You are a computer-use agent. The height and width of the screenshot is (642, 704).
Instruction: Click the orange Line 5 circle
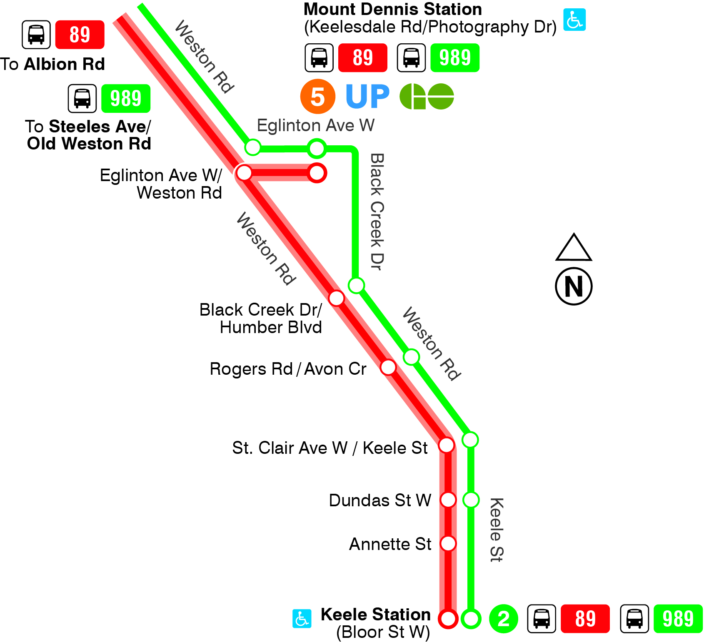point(317,97)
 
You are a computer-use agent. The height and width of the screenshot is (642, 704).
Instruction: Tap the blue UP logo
point(367,97)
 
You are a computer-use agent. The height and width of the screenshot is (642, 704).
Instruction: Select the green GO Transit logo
point(427,97)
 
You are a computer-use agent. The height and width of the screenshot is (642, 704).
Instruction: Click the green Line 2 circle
point(503,619)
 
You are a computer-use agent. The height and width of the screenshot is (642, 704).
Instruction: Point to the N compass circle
point(574,286)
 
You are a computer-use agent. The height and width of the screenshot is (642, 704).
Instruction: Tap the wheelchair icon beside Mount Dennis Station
point(574,20)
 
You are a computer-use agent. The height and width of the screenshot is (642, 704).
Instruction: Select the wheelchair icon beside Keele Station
point(302,619)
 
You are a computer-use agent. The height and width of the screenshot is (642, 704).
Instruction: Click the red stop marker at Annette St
point(448,543)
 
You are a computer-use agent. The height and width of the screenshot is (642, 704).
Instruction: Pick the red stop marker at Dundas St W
point(448,500)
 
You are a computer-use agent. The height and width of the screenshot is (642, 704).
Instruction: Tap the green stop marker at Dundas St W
point(471,500)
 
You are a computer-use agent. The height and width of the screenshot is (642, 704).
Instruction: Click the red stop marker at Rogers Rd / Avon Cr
point(388,367)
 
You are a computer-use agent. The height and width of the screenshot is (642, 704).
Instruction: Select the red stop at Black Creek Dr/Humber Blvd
point(336,298)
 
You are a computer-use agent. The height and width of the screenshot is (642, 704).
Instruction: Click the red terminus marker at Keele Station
point(448,619)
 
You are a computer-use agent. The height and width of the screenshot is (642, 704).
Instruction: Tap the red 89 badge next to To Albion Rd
point(80,35)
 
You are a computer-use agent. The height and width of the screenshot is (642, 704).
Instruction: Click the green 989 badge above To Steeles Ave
point(126,99)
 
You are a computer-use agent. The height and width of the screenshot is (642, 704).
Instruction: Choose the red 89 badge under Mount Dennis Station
point(362,58)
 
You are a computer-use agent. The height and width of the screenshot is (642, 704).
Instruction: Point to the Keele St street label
point(496,530)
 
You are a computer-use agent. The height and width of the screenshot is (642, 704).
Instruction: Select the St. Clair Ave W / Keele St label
point(330,448)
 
